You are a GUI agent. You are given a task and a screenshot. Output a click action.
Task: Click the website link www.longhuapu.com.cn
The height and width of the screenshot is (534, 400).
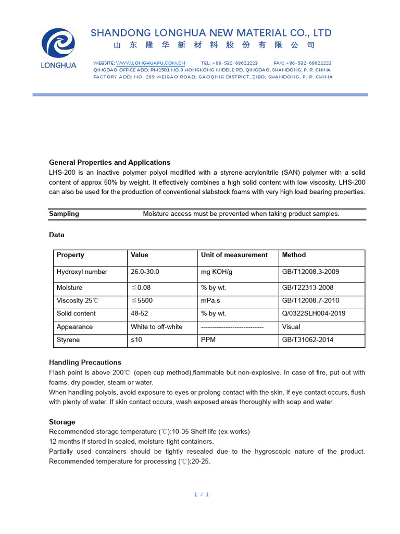[x=151, y=63]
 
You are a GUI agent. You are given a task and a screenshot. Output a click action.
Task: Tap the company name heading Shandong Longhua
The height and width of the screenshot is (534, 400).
[x=211, y=33]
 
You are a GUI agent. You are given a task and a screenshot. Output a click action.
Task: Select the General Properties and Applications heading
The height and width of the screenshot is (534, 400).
[x=109, y=162]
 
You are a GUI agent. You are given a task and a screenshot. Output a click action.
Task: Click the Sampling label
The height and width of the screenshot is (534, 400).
[x=64, y=213]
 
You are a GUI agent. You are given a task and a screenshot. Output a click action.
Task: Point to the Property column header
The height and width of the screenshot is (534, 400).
[x=70, y=255]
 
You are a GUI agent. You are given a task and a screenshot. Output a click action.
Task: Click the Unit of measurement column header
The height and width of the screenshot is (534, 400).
[x=234, y=255]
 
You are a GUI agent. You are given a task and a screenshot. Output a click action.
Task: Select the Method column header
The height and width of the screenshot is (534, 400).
[x=294, y=255]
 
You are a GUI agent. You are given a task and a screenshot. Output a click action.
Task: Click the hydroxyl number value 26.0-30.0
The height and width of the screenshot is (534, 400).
[x=145, y=272]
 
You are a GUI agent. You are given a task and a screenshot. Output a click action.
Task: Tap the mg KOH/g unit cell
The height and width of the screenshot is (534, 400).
[x=217, y=272]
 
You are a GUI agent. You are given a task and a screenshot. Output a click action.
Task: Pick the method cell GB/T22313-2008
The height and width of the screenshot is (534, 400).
[x=308, y=287]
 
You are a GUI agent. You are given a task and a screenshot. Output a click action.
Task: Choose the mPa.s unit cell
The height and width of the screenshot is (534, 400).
[x=211, y=300]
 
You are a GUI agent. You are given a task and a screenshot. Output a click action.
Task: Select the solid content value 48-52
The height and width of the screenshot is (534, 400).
[x=140, y=313]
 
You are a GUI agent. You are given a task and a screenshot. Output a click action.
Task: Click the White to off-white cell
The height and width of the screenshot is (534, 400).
[x=156, y=327]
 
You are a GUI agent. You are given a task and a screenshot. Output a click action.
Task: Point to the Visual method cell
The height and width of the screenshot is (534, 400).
[x=291, y=327]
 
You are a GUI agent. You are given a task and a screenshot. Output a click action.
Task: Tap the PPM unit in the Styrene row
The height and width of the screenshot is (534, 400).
[x=208, y=340]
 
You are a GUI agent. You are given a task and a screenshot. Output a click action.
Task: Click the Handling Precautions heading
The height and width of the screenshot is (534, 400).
[x=85, y=362]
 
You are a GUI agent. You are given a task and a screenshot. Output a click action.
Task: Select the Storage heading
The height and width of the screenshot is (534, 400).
[x=62, y=422]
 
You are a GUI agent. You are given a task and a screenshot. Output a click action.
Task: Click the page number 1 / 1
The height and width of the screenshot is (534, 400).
[x=201, y=494]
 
